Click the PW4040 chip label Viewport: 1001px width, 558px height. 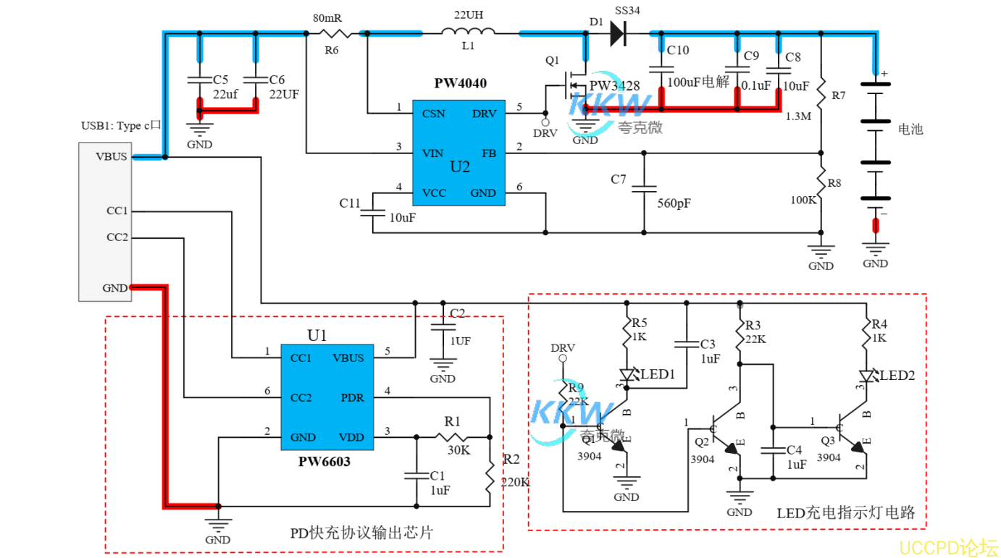point(460,83)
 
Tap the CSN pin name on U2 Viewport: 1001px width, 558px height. point(433,114)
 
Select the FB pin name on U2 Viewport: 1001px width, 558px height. point(489,153)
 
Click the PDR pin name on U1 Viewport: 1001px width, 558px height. point(352,398)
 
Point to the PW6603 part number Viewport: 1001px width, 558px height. point(324,461)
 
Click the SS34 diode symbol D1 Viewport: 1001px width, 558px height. point(617,33)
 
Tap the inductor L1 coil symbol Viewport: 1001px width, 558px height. point(469,31)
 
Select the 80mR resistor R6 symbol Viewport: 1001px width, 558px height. point(339,33)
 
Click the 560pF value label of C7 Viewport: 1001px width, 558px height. point(674,203)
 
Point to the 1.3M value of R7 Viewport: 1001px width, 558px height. point(798,116)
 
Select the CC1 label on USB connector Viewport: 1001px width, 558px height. point(117,211)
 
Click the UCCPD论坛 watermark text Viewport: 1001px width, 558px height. point(948,546)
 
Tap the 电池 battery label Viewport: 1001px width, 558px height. point(910,130)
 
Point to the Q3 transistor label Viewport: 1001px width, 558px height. point(828,439)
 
